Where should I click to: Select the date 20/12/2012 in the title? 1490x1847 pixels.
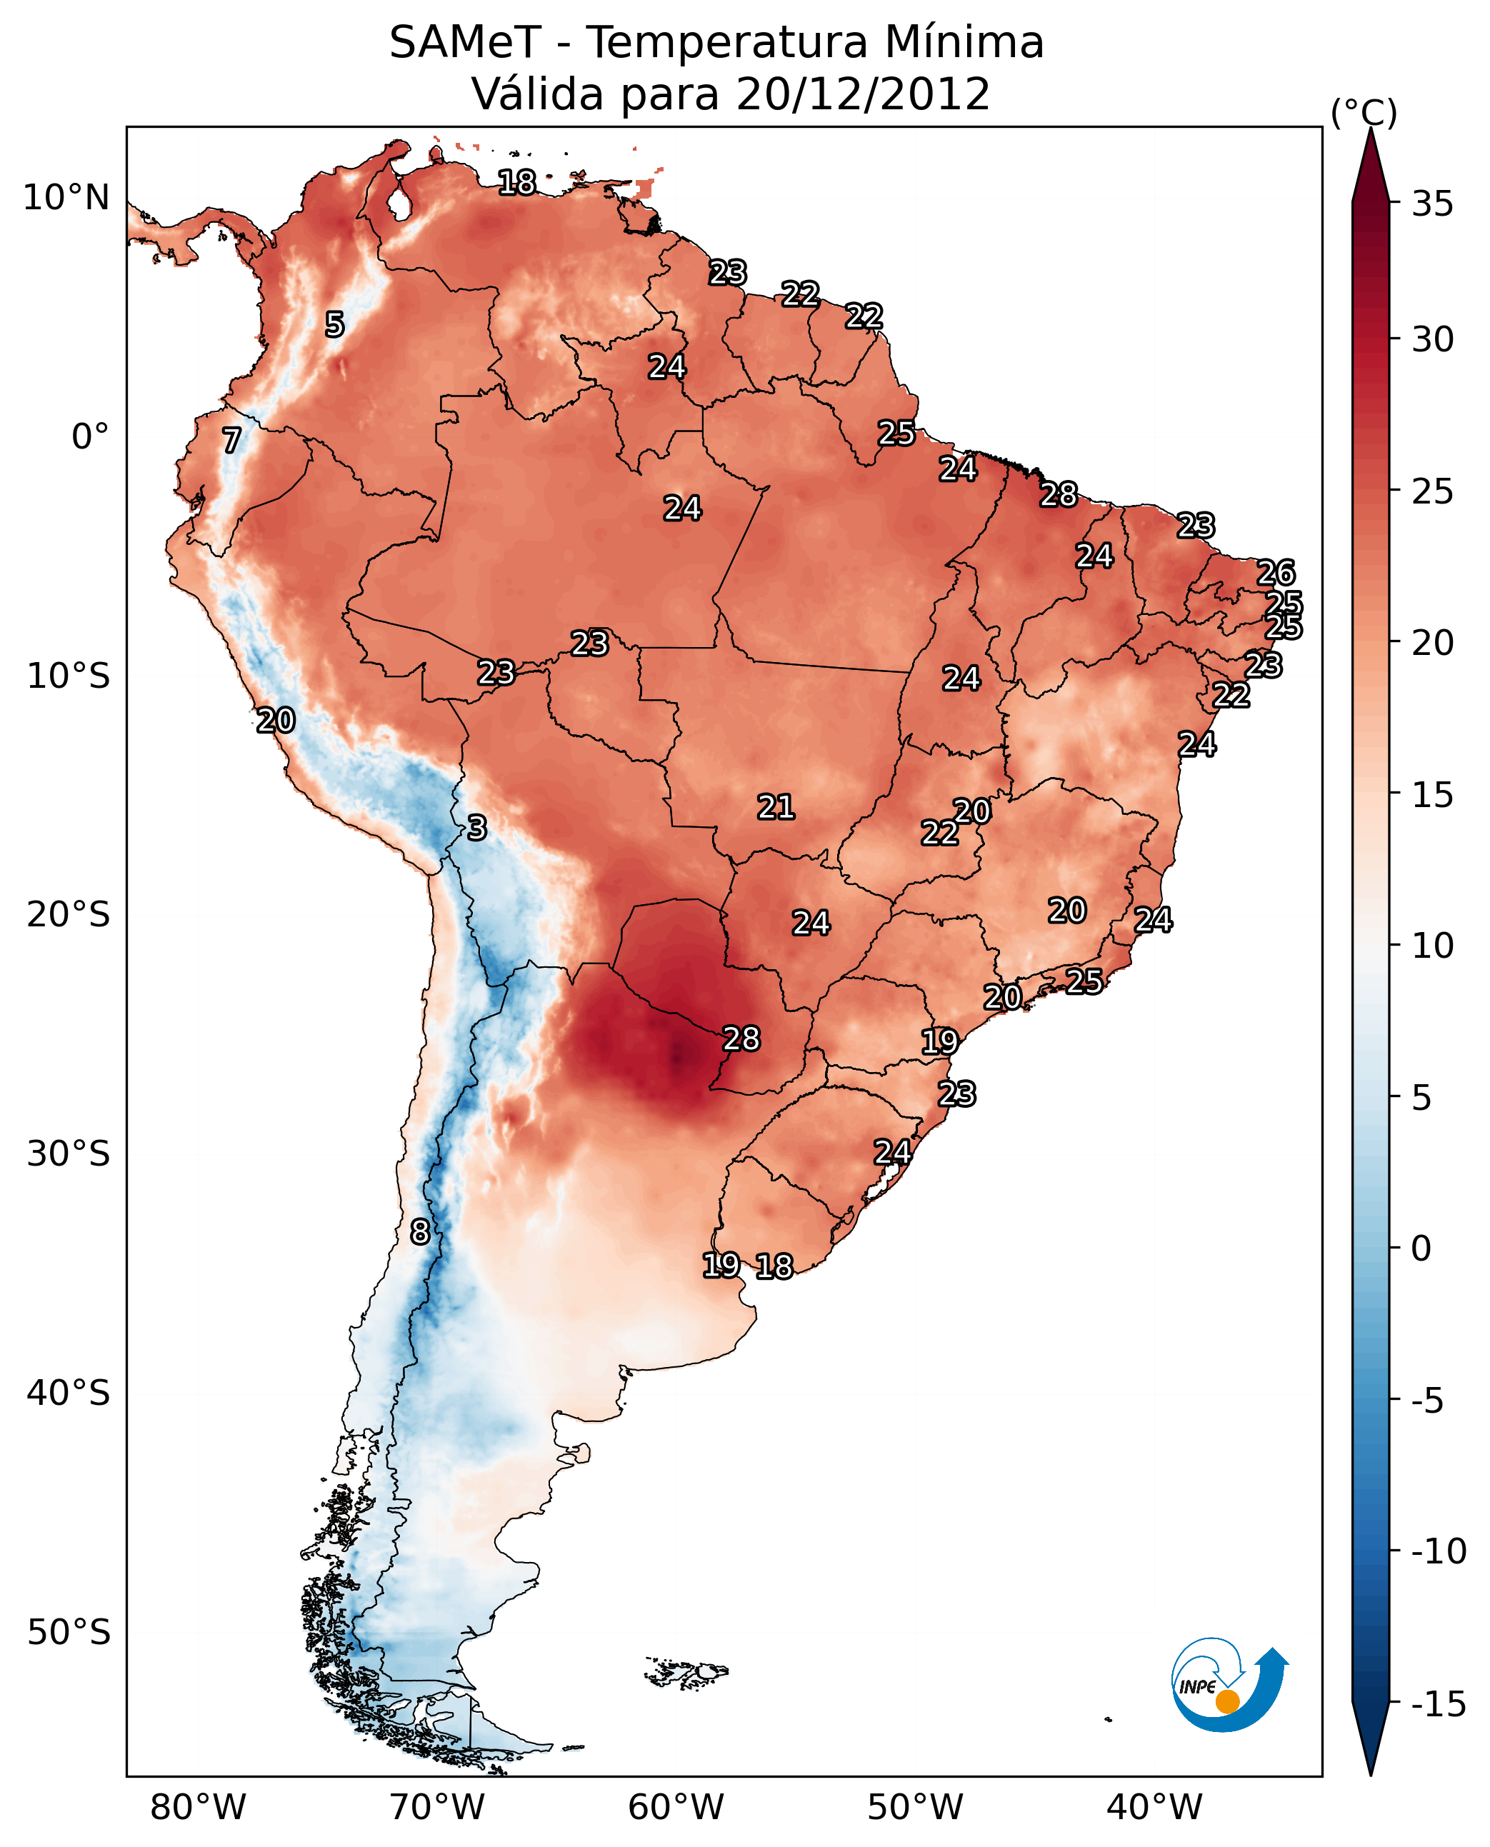863,94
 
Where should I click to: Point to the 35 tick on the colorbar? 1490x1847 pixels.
1432,204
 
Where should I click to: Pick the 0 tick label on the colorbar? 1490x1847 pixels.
1421,1248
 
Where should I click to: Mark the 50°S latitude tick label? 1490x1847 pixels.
69,1631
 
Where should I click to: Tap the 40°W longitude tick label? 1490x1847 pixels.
1154,1808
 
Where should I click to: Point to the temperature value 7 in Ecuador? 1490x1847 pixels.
231,440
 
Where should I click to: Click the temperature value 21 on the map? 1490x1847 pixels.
776,807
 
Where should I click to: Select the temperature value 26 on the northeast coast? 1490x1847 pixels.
1276,573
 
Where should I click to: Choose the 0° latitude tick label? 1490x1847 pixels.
90,437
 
